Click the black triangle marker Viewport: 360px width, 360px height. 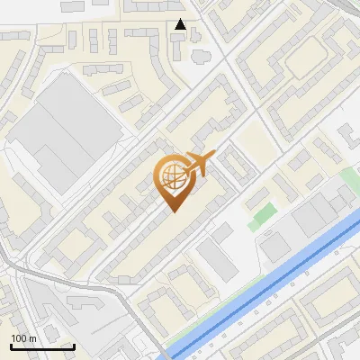pos(181,24)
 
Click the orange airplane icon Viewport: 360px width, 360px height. pos(197,165)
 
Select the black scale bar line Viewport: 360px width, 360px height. pos(42,346)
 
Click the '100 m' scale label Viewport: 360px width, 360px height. pos(23,338)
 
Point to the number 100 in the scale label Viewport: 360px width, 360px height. pos(20,338)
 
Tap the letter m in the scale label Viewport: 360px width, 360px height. pos(32,338)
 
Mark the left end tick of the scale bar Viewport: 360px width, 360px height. pos(11,344)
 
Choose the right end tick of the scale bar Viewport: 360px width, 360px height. pos(74,344)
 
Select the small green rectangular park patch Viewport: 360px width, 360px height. pos(262,214)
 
